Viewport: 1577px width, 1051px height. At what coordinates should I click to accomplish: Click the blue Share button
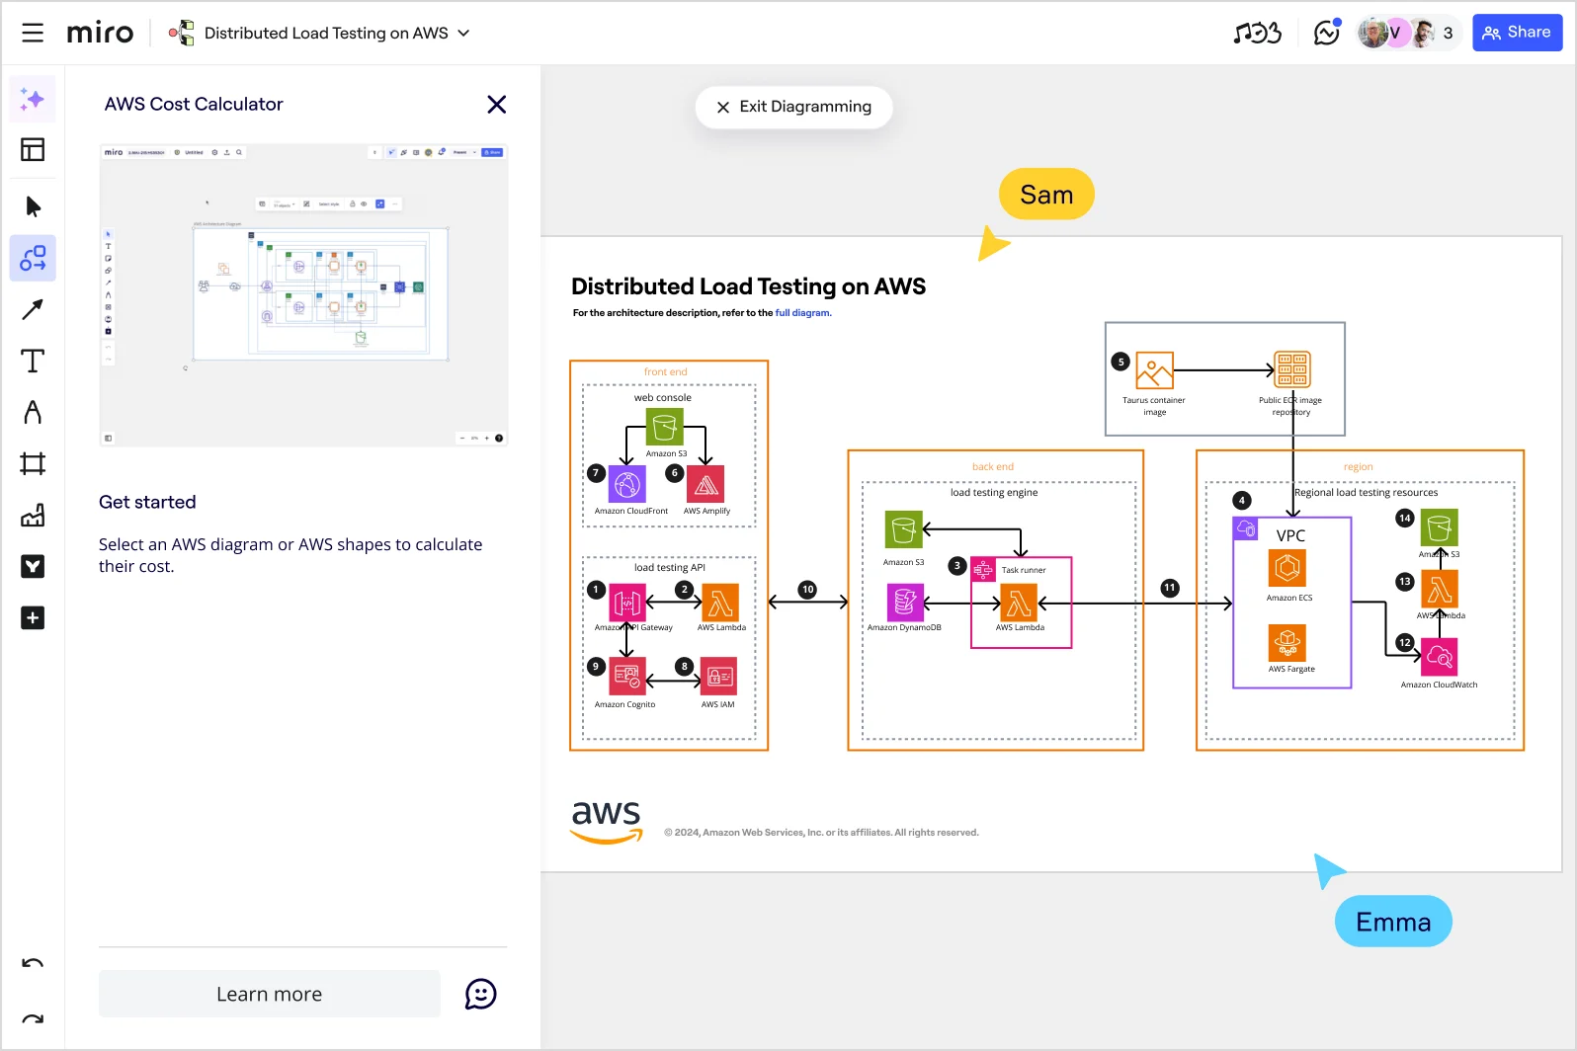[1517, 33]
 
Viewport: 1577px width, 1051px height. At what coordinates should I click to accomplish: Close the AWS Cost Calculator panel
[496, 105]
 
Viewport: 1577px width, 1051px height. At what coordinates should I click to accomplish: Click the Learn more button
[269, 994]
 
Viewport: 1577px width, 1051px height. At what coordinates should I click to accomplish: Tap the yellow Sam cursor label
[1046, 195]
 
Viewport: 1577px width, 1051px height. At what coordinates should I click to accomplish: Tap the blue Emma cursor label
[1392, 922]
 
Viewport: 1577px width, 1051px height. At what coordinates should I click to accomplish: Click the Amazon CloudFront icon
[627, 485]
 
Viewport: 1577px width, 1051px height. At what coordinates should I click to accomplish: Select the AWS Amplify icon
[705, 485]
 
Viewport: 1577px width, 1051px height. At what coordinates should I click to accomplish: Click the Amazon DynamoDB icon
[904, 602]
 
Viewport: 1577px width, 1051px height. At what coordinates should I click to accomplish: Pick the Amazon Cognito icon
[627, 677]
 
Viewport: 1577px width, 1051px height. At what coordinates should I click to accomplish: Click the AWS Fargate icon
[1287, 643]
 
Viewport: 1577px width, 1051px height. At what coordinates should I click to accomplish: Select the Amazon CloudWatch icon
[1440, 657]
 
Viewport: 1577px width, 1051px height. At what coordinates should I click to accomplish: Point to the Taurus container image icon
[1154, 370]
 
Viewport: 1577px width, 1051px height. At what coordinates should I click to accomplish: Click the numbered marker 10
[807, 590]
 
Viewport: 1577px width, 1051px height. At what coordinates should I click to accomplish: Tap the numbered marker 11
[1170, 588]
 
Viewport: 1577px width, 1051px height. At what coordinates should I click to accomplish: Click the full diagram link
[803, 313]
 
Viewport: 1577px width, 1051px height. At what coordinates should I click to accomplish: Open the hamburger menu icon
[33, 33]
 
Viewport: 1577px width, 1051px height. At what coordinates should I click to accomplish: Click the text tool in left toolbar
[33, 362]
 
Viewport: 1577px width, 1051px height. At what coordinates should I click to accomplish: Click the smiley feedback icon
[481, 994]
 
